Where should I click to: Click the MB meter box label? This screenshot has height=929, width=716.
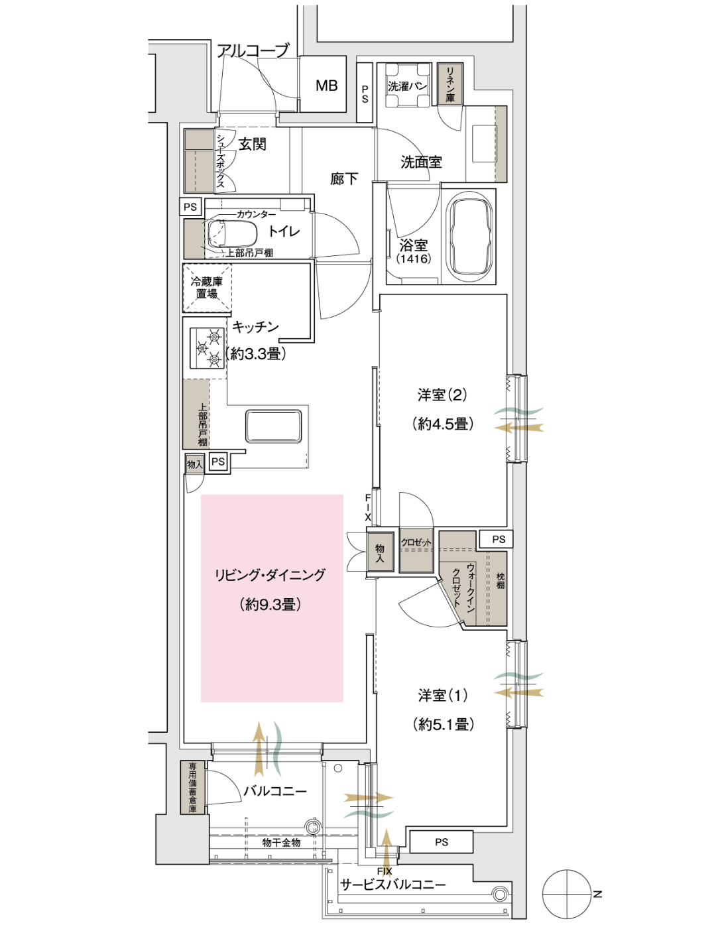pos(326,86)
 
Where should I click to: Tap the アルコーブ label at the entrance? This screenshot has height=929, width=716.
pos(253,51)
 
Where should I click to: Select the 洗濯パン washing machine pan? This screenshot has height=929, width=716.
pos(407,86)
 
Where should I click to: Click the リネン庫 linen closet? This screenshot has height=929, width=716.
pos(450,84)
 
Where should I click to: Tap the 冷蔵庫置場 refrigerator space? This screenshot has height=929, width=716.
pos(207,288)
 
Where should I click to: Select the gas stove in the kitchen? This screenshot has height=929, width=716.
pos(208,348)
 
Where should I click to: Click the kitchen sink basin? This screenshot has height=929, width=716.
pos(273,426)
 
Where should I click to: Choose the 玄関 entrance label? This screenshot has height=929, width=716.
pos(253,145)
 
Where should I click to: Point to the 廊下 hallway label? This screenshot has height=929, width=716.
pos(343,178)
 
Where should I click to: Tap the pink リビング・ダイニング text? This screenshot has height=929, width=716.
pos(270,575)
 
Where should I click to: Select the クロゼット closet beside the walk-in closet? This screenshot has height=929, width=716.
pos(416,552)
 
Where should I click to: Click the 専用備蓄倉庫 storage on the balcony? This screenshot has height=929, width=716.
pos(193,787)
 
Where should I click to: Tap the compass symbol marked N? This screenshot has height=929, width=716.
pos(567,893)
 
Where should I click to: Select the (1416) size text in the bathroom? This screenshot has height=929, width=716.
pos(413,259)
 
